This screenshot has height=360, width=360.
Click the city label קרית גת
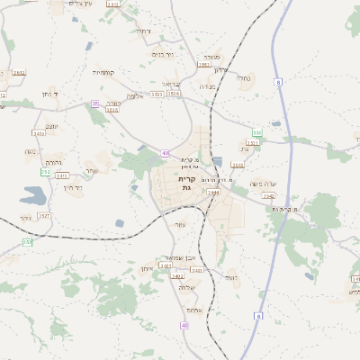tap(186, 184)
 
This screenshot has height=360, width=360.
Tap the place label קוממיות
tap(103, 72)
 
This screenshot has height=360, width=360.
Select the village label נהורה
tap(52, 163)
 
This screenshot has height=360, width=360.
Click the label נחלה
tap(244, 78)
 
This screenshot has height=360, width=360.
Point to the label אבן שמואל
tap(172, 256)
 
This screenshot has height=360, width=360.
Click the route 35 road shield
tap(94, 103)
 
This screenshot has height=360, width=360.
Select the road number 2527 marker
tap(44, 216)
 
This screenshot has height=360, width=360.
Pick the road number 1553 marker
tap(203, 65)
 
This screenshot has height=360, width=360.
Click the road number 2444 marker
tap(213, 193)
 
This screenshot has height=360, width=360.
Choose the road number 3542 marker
tap(267, 195)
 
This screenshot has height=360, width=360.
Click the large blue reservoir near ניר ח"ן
tap(33, 194)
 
